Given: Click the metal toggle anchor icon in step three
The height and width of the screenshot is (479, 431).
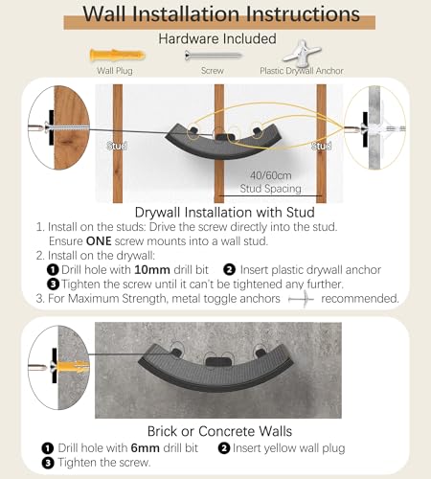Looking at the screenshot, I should click(x=302, y=299).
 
